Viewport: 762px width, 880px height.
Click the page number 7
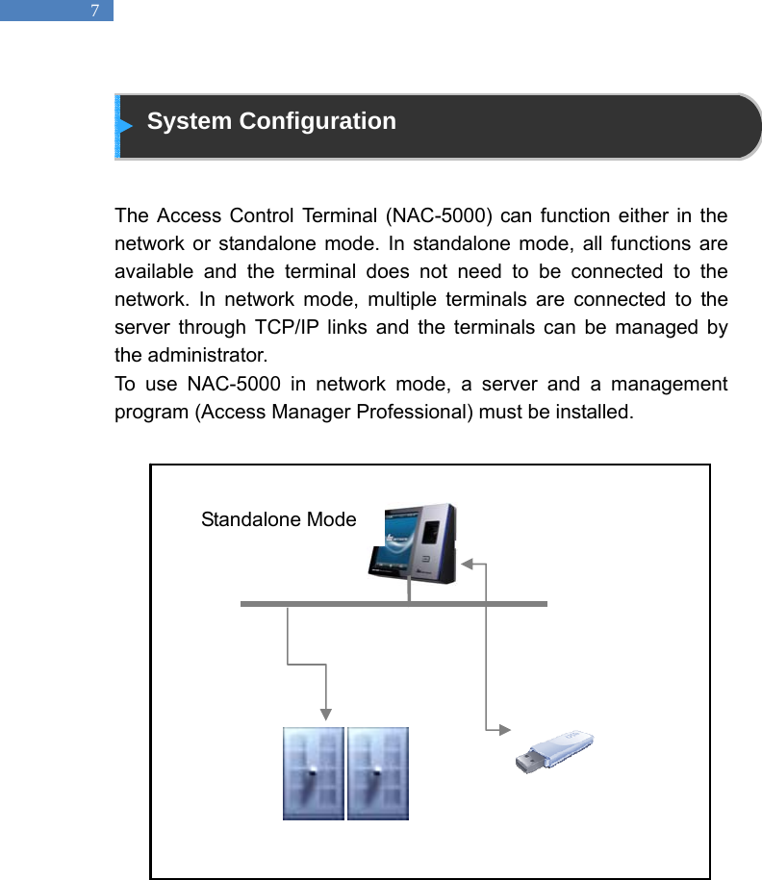point(94,12)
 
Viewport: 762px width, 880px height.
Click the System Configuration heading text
point(271,121)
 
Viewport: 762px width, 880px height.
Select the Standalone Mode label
point(278,520)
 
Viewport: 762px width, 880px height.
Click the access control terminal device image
point(413,542)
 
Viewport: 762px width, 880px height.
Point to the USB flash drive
point(554,751)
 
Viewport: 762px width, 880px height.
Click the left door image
point(313,773)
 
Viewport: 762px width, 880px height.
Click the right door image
point(378,773)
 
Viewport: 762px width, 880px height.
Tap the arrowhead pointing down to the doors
point(327,714)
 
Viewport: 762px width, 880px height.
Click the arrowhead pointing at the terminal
point(466,564)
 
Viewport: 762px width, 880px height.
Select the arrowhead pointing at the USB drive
point(504,731)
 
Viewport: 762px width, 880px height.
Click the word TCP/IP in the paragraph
point(287,327)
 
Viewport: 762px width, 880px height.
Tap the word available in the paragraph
point(150,270)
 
